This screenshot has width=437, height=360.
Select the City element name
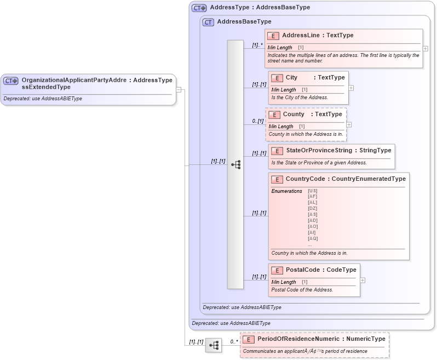(x=291, y=78)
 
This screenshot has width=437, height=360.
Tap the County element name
(x=294, y=114)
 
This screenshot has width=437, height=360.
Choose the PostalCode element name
(x=303, y=270)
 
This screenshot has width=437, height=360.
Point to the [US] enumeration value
(x=313, y=191)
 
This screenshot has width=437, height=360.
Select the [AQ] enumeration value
(x=313, y=238)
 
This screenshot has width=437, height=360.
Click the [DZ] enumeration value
(x=313, y=208)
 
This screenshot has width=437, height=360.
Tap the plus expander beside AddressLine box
(x=426, y=48)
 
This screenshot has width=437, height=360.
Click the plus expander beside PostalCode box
(x=363, y=280)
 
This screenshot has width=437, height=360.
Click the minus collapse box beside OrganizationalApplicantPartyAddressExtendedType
(x=179, y=89)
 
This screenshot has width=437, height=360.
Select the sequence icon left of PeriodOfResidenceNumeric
(x=214, y=345)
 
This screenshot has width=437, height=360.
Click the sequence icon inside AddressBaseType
(x=236, y=164)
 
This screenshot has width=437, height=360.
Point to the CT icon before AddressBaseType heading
(x=208, y=22)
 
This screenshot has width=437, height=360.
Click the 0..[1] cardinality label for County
(x=257, y=121)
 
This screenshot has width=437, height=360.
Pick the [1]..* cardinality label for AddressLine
(x=257, y=45)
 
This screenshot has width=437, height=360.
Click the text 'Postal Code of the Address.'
(x=302, y=289)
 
